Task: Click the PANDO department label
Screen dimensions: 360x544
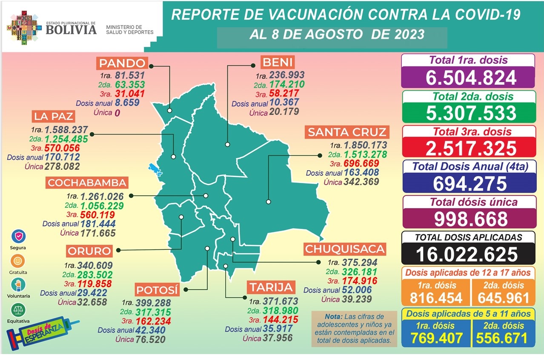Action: point(123,63)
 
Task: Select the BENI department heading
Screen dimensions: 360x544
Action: point(278,63)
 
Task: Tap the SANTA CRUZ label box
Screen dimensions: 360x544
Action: point(347,132)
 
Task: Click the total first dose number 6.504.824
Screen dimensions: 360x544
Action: point(468,77)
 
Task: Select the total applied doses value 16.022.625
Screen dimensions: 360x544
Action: point(467,254)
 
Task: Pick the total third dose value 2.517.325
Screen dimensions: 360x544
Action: point(468,148)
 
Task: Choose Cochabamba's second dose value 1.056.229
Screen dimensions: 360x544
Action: point(101,206)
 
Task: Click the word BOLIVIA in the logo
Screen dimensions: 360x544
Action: point(71,30)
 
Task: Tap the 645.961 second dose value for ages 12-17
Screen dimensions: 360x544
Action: point(502,298)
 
